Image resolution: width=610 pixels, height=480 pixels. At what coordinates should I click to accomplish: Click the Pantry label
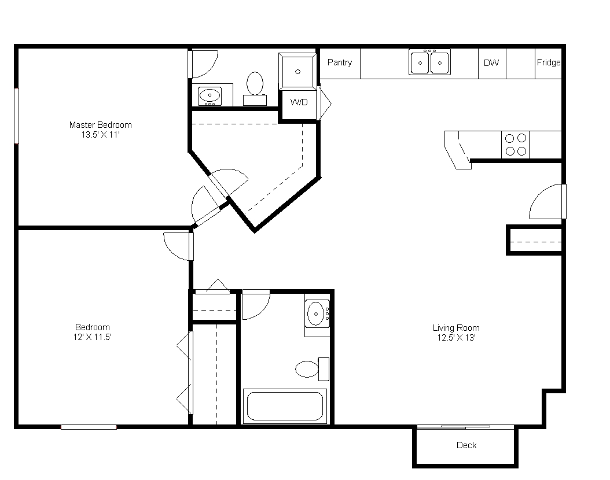[340, 62]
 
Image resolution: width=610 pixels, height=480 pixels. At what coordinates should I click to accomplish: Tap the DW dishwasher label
[491, 63]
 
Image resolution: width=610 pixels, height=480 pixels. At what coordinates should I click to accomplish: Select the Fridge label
[549, 62]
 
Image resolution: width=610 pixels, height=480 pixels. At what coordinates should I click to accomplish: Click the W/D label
[299, 102]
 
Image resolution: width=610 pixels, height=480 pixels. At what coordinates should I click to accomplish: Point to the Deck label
[466, 445]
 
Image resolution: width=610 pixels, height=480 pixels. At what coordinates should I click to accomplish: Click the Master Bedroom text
[100, 125]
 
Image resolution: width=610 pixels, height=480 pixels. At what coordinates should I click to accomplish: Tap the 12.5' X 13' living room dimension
[456, 338]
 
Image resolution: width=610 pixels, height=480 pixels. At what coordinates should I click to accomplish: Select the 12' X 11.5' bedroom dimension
[92, 337]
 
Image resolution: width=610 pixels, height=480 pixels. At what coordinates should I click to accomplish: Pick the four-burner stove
[516, 144]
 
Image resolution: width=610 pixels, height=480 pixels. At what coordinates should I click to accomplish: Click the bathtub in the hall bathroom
[285, 406]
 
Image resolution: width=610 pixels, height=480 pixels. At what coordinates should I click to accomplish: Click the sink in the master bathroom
[210, 95]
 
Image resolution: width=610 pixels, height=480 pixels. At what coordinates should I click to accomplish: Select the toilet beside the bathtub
[312, 369]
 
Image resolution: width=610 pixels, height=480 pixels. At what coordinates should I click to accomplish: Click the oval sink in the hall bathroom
[316, 313]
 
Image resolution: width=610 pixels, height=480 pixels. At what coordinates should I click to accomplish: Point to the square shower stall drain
[297, 72]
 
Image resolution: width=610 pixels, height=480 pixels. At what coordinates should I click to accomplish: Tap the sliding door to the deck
[465, 427]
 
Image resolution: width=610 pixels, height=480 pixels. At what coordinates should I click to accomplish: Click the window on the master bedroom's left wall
[17, 116]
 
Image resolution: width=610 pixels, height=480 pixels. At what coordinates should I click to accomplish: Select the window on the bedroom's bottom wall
[89, 427]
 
